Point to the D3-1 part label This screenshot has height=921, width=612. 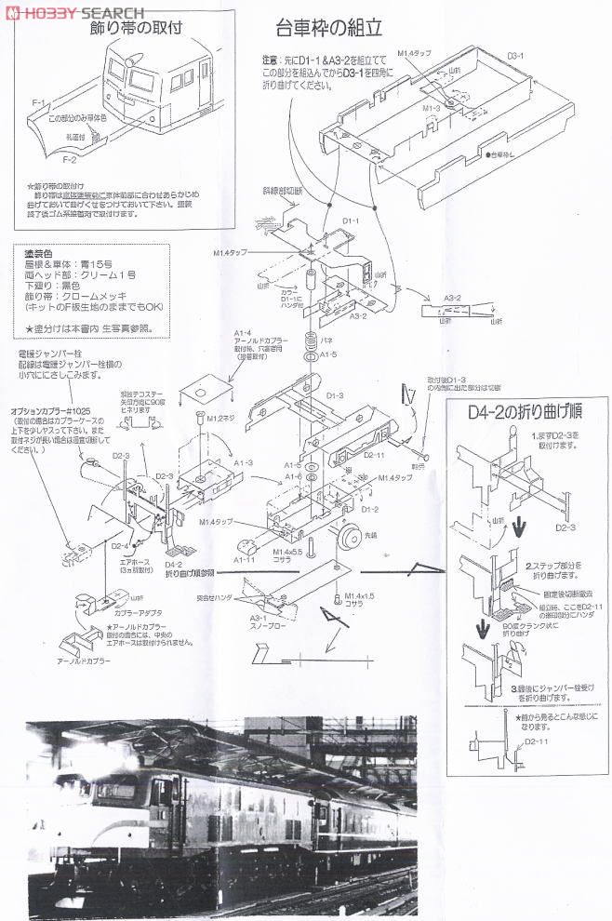pos(517,57)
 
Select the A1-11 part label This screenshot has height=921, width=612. pos(245,560)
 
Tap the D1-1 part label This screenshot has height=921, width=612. pos(350,220)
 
